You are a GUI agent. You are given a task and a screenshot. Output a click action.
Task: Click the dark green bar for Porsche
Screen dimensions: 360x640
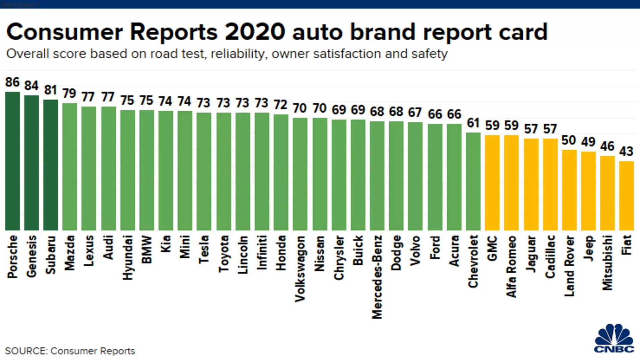pos(12,161)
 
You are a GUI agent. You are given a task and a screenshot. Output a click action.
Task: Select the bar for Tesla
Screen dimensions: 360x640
pos(204,171)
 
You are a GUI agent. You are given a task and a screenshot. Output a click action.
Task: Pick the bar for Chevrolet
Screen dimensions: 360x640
pos(473,181)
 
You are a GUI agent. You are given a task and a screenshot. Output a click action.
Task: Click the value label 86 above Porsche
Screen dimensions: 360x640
pos(12,82)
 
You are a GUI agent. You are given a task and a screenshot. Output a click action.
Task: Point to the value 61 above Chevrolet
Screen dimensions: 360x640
pos(473,123)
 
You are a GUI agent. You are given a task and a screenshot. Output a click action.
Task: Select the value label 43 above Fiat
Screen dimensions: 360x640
pos(626,152)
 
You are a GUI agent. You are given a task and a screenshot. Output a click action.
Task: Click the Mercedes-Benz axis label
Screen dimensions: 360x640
pos(377,277)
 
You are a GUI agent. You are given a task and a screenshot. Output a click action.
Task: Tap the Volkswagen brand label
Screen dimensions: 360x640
pos(300,268)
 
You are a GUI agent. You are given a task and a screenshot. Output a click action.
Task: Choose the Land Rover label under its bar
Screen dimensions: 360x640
pos(569,266)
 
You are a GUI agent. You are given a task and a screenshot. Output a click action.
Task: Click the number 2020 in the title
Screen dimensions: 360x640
pos(255,32)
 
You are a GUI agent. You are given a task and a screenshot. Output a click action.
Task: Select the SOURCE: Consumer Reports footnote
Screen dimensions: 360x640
pos(70,351)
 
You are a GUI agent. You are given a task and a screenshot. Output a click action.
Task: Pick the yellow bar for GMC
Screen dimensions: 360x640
pos(492,182)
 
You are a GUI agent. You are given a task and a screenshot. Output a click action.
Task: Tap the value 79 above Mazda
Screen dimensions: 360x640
pos(69,93)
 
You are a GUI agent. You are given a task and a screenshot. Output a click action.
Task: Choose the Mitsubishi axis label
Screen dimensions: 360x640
pos(607,262)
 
